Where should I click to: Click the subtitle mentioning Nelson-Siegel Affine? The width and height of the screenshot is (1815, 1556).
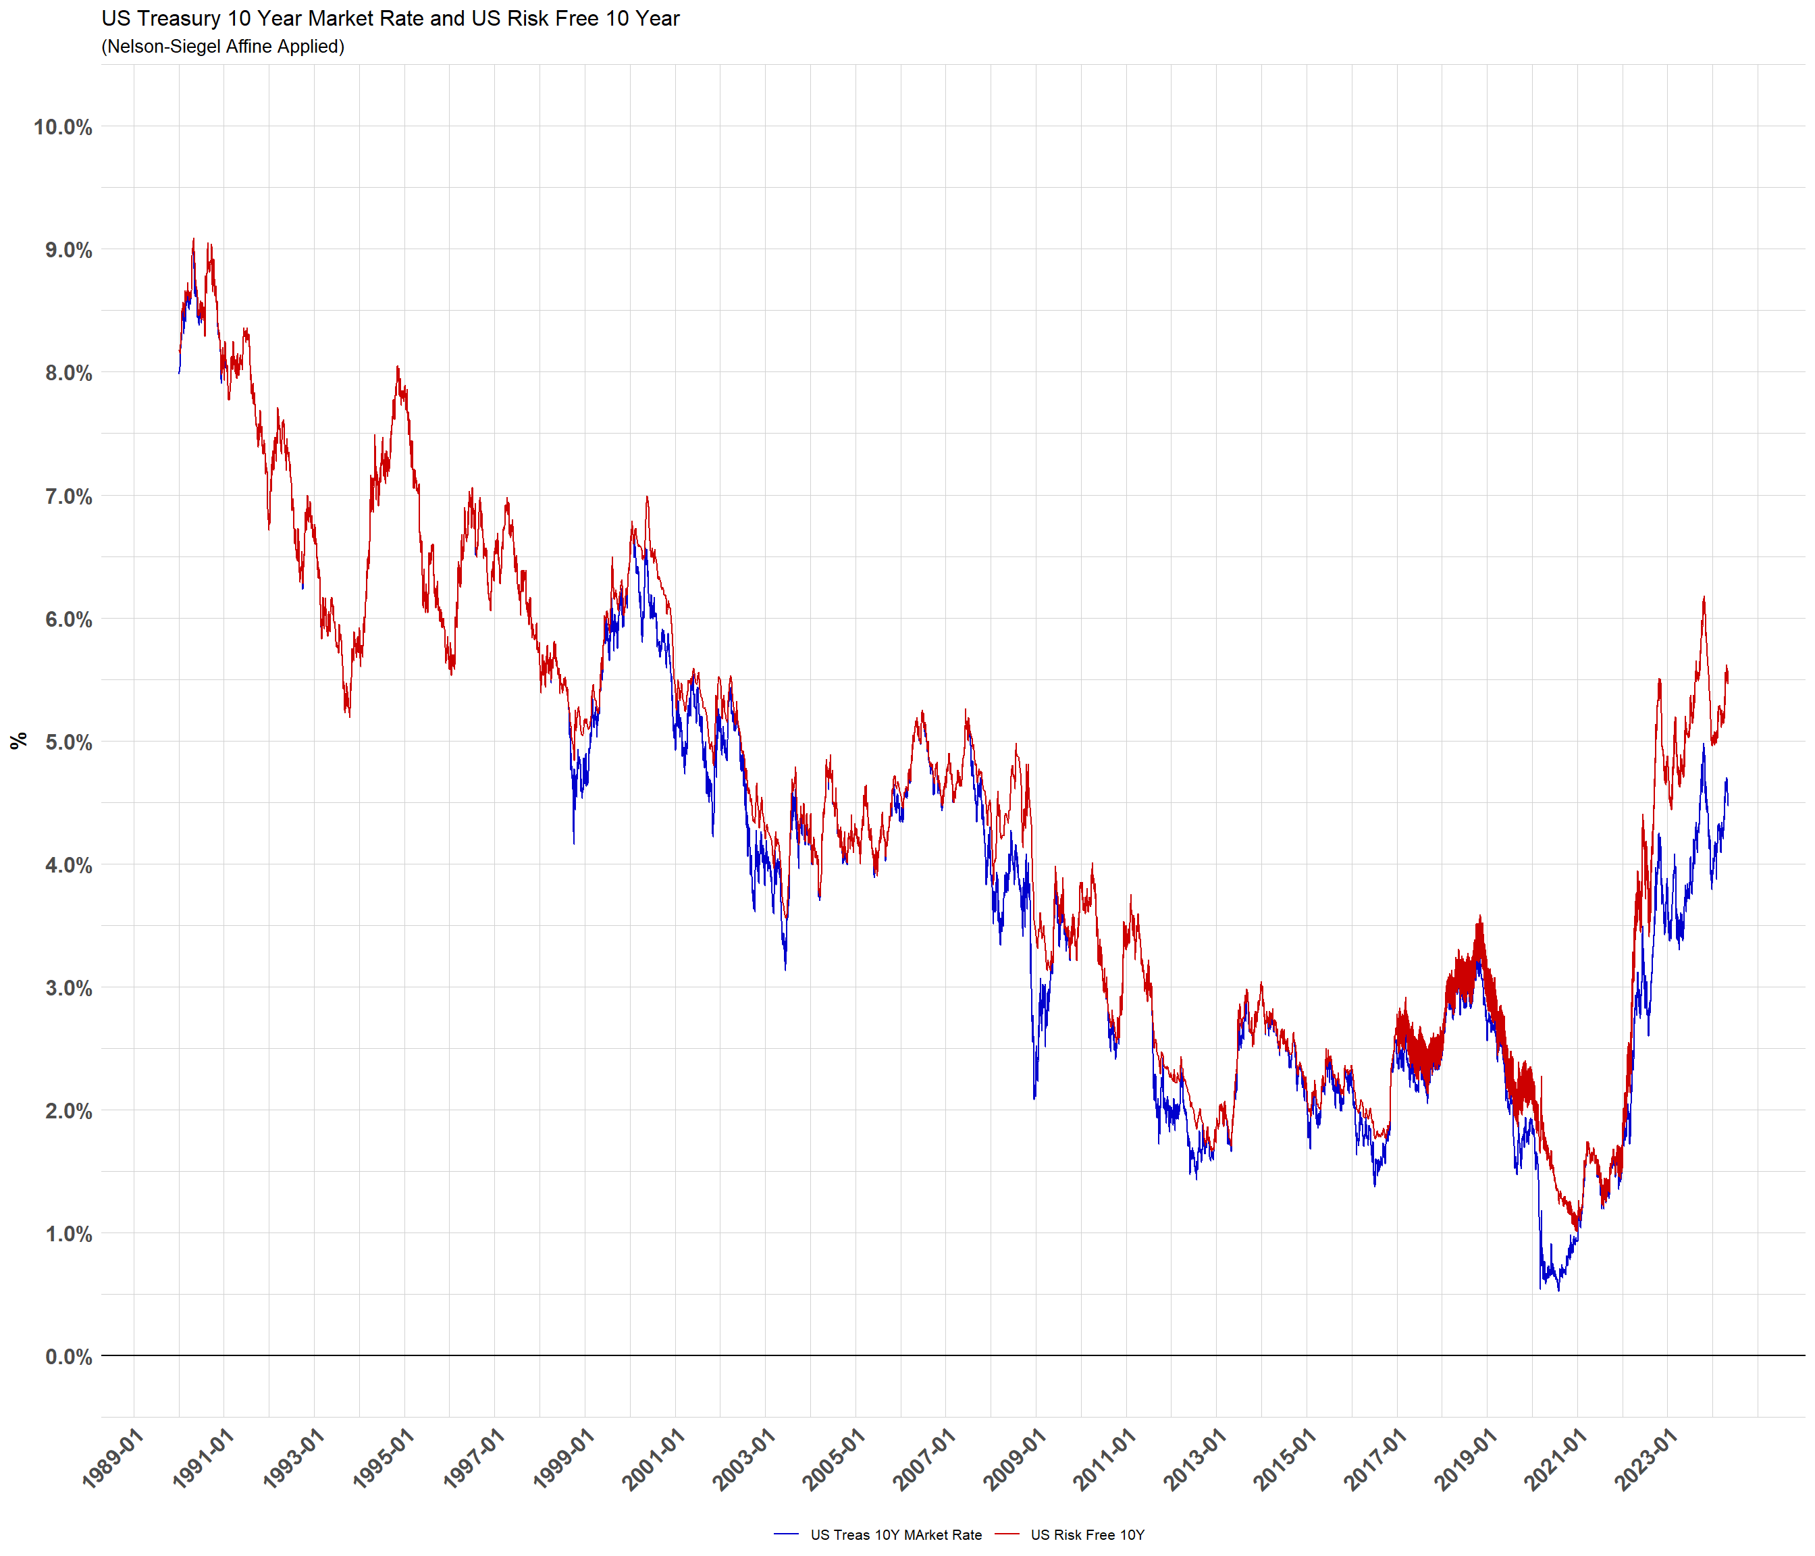tap(223, 47)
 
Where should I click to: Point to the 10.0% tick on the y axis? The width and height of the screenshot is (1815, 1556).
tap(63, 127)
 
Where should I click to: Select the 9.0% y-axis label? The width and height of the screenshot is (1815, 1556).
tap(68, 251)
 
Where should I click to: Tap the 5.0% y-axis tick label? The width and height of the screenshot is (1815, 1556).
tap(68, 743)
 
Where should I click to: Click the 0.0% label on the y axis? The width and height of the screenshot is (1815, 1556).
tap(68, 1357)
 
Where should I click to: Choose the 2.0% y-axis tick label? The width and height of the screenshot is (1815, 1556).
tap(68, 1112)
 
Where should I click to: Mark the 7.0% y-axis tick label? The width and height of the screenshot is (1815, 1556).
tap(68, 497)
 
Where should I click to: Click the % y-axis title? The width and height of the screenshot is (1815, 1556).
tap(18, 742)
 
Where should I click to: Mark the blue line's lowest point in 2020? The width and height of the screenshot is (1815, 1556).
tap(1558, 1290)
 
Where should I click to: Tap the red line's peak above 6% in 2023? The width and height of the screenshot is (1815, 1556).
tap(1704, 598)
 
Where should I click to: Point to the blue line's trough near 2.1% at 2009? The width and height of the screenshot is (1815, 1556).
tap(1034, 1099)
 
